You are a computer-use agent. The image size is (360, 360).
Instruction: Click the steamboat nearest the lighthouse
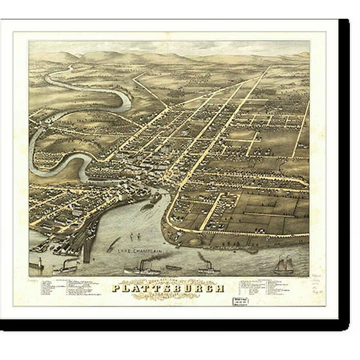pyautogui.click(x=65, y=268)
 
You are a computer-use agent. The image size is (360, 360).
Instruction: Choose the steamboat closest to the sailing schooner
pyautogui.click(x=209, y=268)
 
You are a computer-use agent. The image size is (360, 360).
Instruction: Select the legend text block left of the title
pyautogui.click(x=69, y=288)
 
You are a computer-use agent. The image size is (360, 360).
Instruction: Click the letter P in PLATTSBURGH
pyautogui.click(x=116, y=288)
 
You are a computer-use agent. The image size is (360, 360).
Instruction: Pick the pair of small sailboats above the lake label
pyautogui.click(x=134, y=236)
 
